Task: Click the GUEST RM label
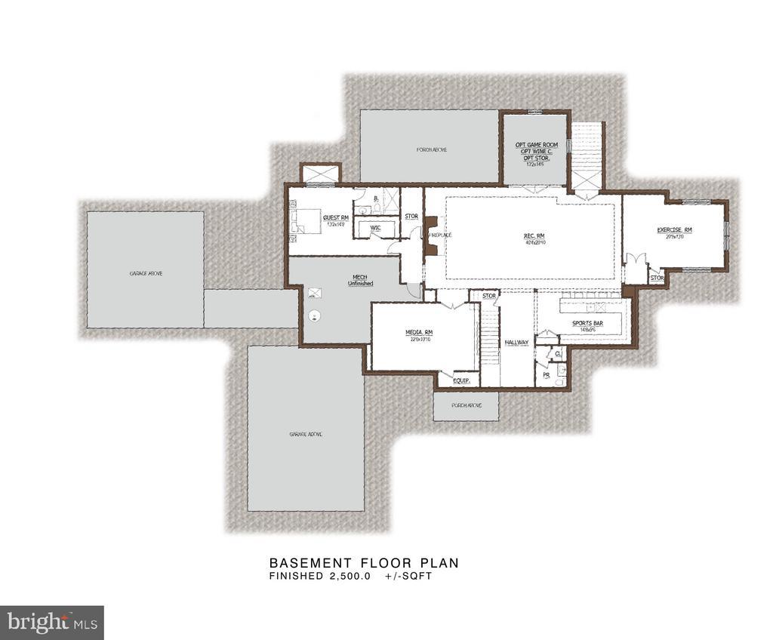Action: (335, 217)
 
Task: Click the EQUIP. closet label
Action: (461, 381)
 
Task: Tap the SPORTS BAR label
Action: (587, 324)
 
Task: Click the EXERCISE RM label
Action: (674, 229)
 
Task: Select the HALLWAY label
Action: (517, 343)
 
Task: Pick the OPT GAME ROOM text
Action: (536, 145)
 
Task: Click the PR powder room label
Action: (546, 374)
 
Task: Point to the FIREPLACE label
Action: (439, 235)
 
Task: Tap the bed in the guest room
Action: (300, 222)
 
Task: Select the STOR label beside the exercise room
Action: (657, 278)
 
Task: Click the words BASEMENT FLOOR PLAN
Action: (364, 563)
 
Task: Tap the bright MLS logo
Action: (51, 623)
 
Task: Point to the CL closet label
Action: (559, 352)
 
